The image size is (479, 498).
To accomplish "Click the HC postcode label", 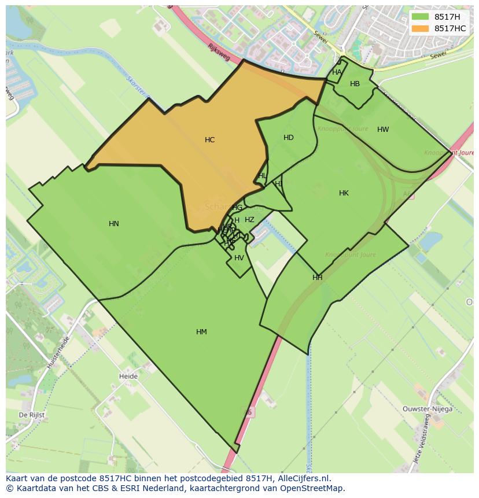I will pyautogui.click(x=209, y=140).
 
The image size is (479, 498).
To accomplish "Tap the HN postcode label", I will pyautogui.click(x=114, y=224).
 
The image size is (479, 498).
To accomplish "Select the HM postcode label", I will pyautogui.click(x=201, y=332).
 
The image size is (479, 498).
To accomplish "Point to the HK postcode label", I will pyautogui.click(x=344, y=193).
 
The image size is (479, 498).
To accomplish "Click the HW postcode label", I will pyautogui.click(x=383, y=130).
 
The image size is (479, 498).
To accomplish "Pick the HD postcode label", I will pyautogui.click(x=289, y=138).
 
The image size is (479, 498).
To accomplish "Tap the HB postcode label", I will pyautogui.click(x=355, y=84).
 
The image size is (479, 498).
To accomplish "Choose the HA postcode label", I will pyautogui.click(x=337, y=72).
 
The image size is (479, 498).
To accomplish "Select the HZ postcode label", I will pyautogui.click(x=249, y=220).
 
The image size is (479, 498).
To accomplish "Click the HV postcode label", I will pyautogui.click(x=239, y=258).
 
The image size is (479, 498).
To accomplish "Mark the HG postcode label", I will pyautogui.click(x=237, y=208).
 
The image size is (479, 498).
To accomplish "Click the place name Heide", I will pyautogui.click(x=128, y=377).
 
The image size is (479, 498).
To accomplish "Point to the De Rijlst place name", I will pyautogui.click(x=32, y=415).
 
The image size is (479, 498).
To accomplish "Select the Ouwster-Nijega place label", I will pyautogui.click(x=428, y=409).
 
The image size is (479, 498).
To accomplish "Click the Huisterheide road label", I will pyautogui.click(x=58, y=353).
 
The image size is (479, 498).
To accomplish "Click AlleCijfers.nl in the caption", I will pyautogui.click(x=303, y=478).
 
